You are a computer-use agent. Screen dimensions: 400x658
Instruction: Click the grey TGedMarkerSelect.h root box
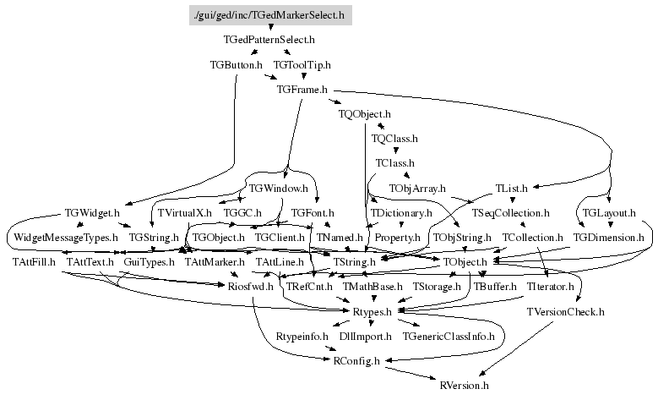tap(270, 14)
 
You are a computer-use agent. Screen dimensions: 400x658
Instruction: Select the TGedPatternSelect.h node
tap(269, 39)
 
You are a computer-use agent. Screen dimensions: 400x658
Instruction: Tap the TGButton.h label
tap(236, 63)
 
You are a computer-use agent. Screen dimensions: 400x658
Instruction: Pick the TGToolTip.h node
tap(302, 63)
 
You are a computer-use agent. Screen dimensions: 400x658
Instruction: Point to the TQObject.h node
tap(365, 112)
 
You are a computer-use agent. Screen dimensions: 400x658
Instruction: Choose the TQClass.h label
tap(394, 137)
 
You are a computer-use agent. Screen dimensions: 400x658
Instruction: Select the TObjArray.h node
tap(417, 187)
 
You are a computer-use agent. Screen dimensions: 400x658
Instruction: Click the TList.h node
tap(512, 187)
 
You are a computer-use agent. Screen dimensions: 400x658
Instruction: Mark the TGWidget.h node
tap(92, 212)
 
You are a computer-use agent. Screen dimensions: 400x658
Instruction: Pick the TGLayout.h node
tap(609, 212)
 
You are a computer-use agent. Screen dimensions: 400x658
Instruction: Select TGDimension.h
tap(608, 238)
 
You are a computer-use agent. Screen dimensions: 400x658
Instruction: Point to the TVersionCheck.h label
tap(565, 312)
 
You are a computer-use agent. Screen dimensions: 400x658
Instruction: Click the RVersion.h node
tap(465, 386)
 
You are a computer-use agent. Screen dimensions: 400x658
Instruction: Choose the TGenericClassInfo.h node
tap(449, 337)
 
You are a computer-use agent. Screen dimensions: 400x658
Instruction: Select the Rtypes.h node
tap(371, 312)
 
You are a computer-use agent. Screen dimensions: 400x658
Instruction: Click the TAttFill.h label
tap(34, 262)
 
